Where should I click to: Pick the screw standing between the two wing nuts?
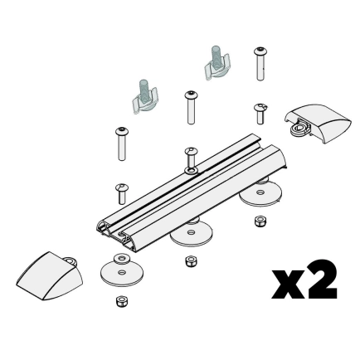pos(192,105)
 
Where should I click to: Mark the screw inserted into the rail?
pos(190,158)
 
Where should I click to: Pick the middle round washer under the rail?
pos(191,234)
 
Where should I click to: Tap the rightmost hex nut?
pos(260,221)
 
